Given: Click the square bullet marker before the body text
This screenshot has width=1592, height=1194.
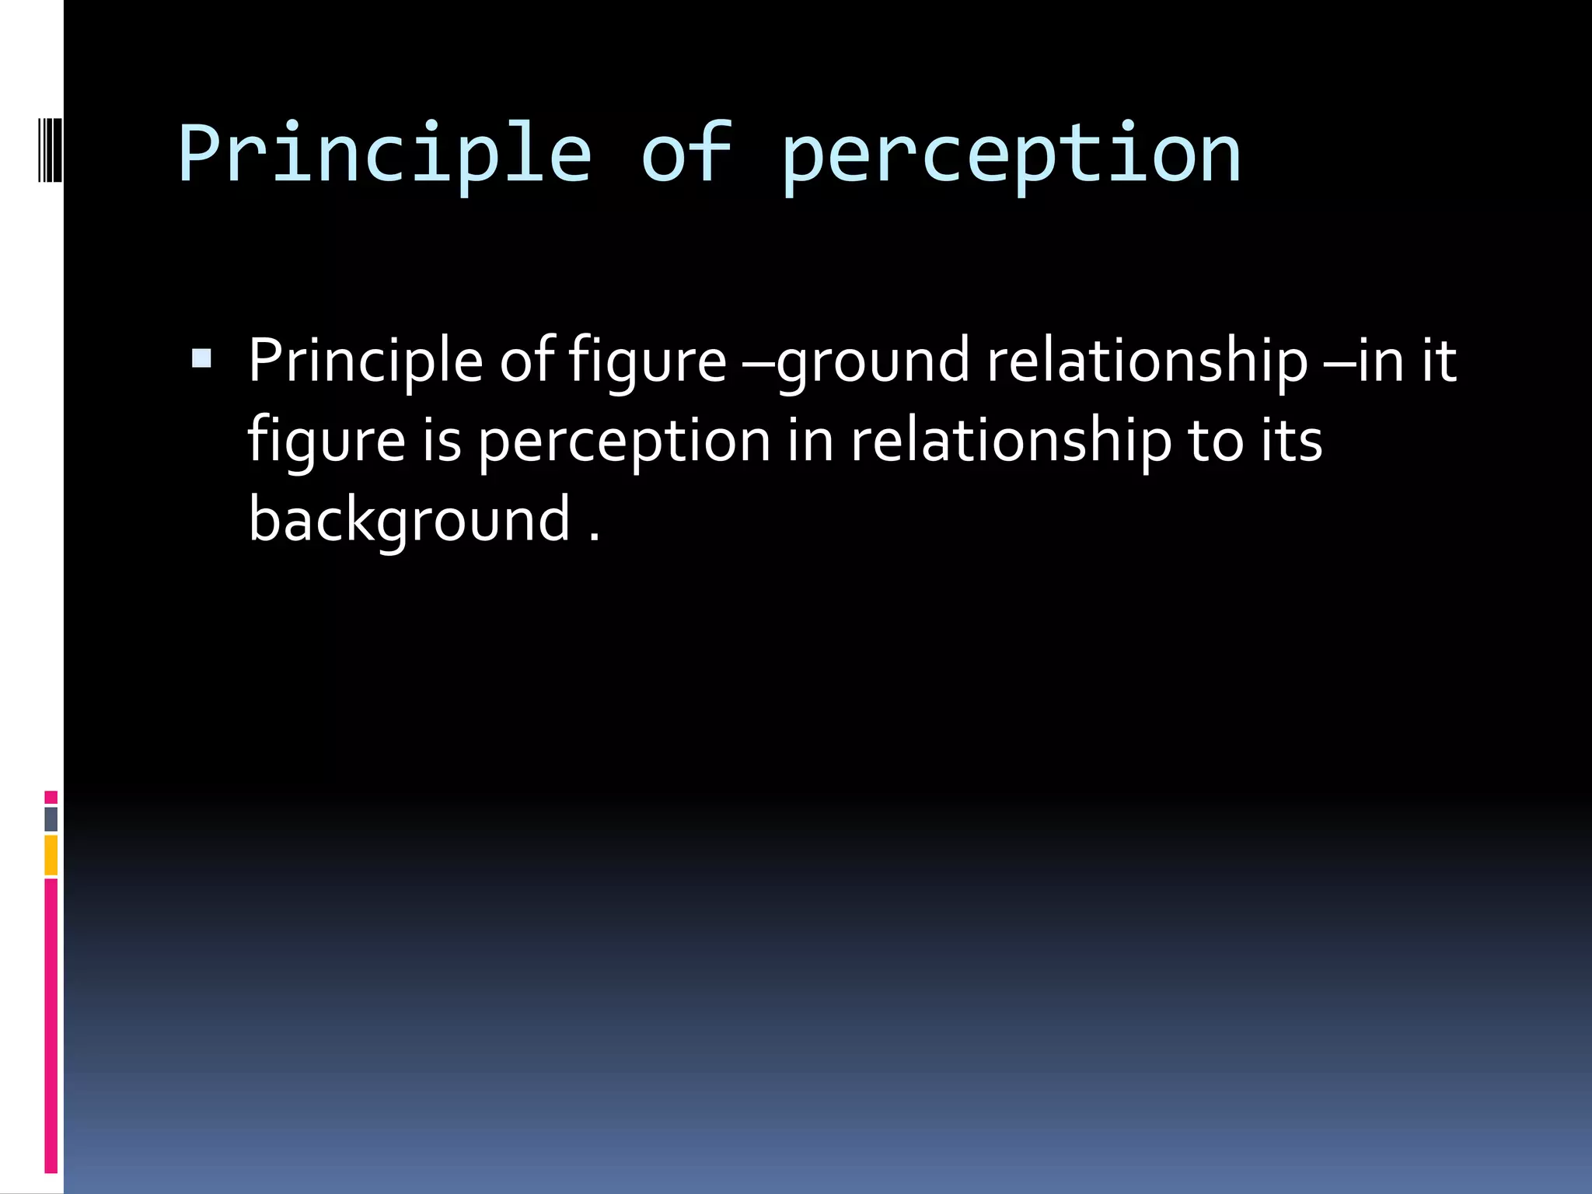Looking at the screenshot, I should tap(201, 358).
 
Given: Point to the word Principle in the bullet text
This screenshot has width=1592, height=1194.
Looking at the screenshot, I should tap(365, 361).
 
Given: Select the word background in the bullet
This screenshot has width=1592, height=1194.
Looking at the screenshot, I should tap(410, 519).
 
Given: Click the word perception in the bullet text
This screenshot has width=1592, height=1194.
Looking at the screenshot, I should tap(623, 441).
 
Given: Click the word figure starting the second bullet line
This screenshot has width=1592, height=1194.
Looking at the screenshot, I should tap(326, 441).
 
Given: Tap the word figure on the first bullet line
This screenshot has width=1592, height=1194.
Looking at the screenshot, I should tap(648, 361).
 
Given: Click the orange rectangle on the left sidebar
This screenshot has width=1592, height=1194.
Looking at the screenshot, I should tap(51, 854).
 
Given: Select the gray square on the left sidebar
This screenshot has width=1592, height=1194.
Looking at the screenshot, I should tap(51, 819).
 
